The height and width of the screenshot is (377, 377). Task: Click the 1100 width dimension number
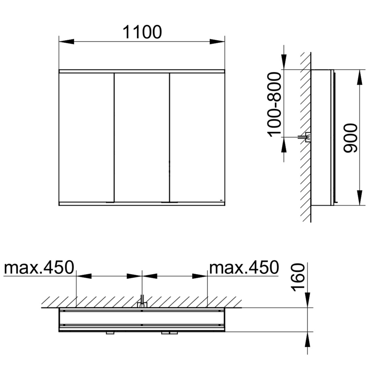(142, 32)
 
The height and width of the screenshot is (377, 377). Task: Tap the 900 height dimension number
(350, 138)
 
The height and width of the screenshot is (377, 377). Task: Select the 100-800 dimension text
(274, 105)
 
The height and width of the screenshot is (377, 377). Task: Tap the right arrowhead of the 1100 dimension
(217, 42)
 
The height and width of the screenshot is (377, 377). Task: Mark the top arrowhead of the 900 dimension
(359, 77)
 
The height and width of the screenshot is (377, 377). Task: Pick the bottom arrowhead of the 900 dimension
(359, 198)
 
